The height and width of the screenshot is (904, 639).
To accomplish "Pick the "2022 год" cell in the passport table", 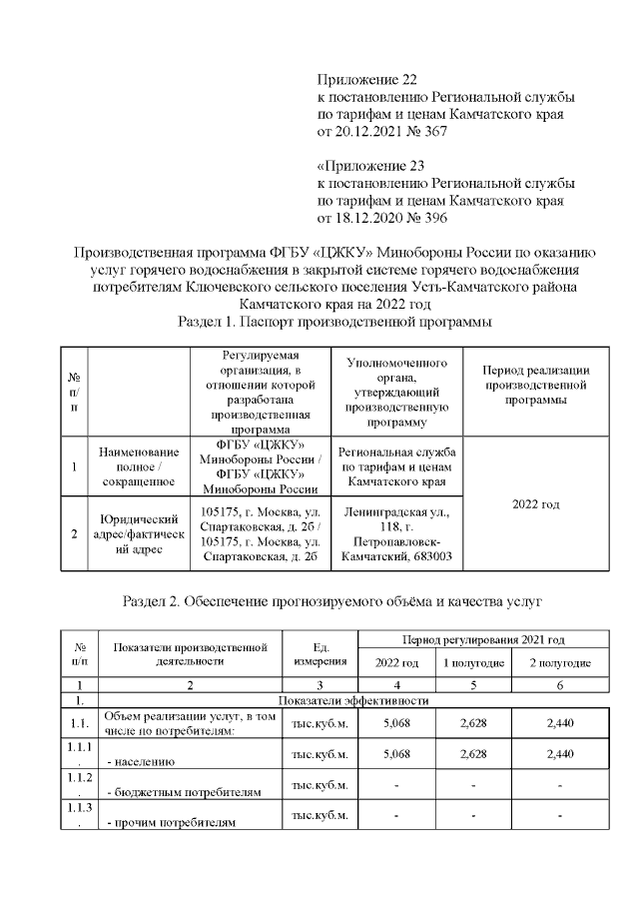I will point(535,503).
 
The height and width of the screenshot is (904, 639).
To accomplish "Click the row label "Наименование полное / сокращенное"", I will point(138,466).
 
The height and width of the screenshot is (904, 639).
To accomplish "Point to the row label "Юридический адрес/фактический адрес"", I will point(138,533).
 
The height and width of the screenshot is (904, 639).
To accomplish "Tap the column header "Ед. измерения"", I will point(319,653).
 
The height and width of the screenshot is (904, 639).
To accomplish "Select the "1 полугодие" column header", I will point(473,663).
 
